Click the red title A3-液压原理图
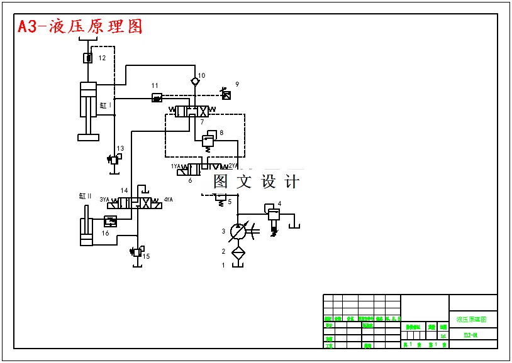pyautogui.click(x=81, y=26)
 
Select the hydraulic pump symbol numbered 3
pyautogui.click(x=238, y=232)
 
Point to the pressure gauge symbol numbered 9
pyautogui.click(x=226, y=95)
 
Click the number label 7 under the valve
pyautogui.click(x=202, y=122)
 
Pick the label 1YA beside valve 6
pyautogui.click(x=176, y=166)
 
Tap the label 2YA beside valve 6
pyautogui.click(x=233, y=166)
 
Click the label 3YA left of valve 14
pyautogui.click(x=104, y=199)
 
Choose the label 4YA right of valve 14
pyautogui.click(x=168, y=200)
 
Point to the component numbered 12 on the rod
pyautogui.click(x=88, y=58)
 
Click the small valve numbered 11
pyautogui.click(x=157, y=97)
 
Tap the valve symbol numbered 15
pyautogui.click(x=136, y=252)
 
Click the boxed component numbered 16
pyautogui.click(x=110, y=221)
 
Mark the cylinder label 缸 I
pyautogui.click(x=105, y=106)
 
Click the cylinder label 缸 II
pyautogui.click(x=86, y=196)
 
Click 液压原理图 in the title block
pyautogui.click(x=471, y=320)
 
